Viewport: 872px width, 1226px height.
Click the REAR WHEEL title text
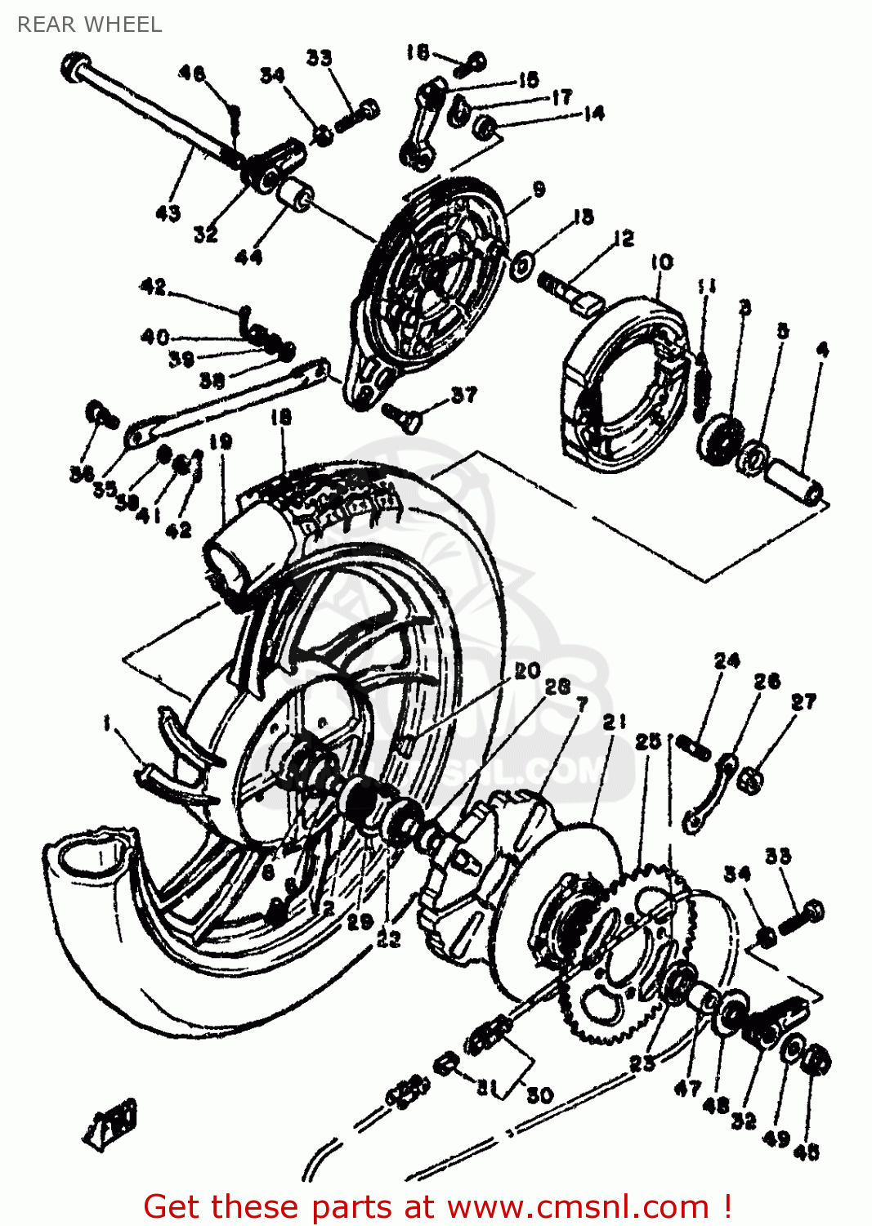click(x=89, y=25)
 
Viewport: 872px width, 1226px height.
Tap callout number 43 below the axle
click(x=168, y=213)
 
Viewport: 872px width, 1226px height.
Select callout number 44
click(x=248, y=257)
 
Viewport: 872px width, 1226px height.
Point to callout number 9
click(x=539, y=189)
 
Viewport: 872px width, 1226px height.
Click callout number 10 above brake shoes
click(x=662, y=262)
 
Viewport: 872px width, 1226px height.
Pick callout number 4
click(x=822, y=349)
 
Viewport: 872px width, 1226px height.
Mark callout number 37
click(x=463, y=395)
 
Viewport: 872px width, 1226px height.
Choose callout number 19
click(x=221, y=442)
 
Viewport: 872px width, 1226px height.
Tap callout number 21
click(x=615, y=721)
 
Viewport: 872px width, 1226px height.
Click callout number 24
click(x=727, y=660)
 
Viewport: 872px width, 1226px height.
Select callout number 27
click(x=803, y=701)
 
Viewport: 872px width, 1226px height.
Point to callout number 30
click(x=540, y=1094)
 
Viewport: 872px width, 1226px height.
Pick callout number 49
click(x=776, y=1137)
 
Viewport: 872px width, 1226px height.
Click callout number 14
click(x=593, y=113)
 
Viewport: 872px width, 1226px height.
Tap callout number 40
click(x=154, y=336)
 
